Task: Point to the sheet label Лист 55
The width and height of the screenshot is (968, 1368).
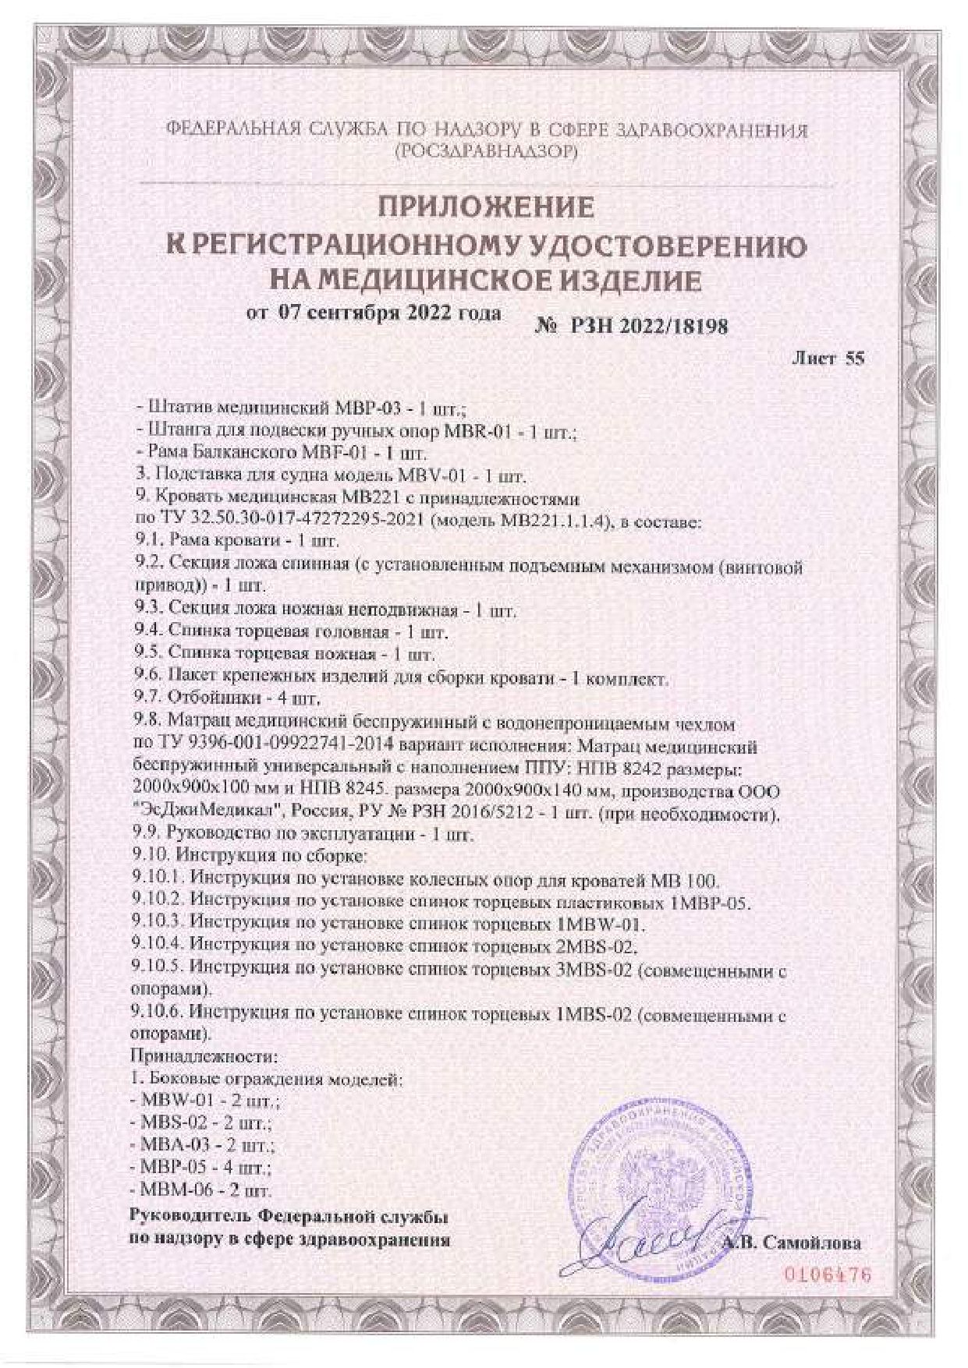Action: coord(828,359)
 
